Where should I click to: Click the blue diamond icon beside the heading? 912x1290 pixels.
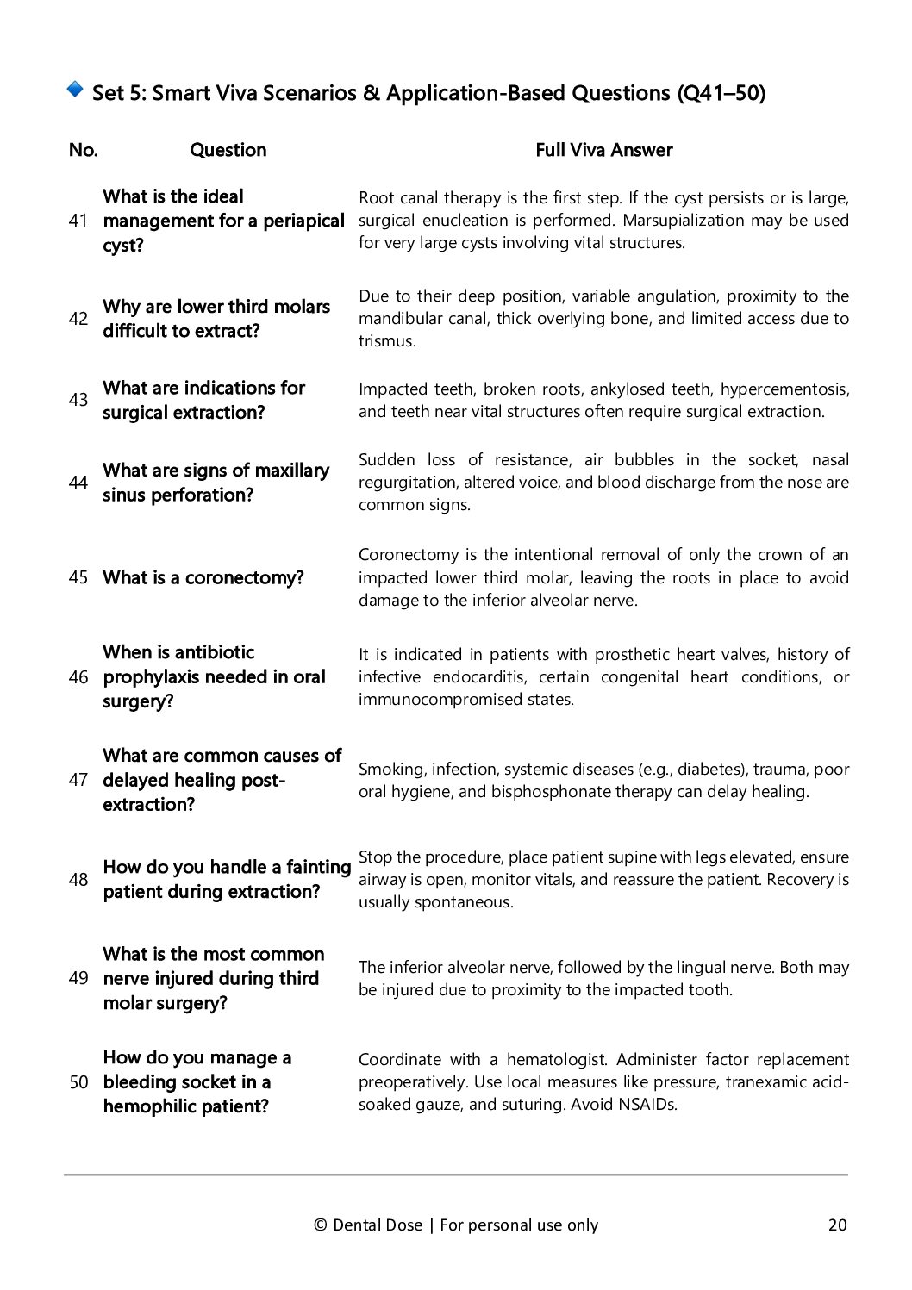point(75,89)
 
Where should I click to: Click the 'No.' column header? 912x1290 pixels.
point(83,150)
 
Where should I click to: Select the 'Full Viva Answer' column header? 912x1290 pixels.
point(603,150)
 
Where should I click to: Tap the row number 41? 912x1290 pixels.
point(78,221)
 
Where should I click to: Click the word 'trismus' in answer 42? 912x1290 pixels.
point(385,341)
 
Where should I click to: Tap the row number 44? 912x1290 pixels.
point(78,483)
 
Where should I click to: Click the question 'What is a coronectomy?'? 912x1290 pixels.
point(203,577)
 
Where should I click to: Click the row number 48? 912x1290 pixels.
point(78,879)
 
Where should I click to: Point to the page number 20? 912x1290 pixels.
point(837,1225)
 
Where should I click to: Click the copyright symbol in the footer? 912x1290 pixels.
point(321,1225)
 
